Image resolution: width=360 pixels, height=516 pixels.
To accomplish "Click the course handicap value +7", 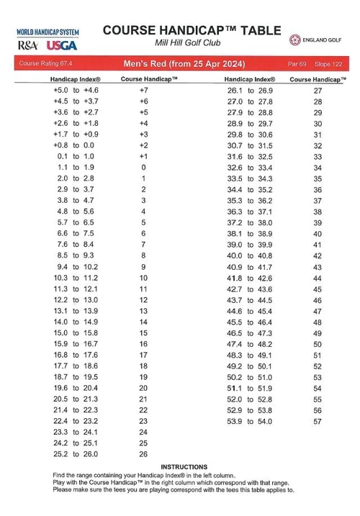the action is click(143, 91).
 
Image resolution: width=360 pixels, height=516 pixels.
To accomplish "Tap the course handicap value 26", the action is click(143, 454).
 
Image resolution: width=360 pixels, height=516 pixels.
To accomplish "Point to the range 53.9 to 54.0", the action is click(250, 421).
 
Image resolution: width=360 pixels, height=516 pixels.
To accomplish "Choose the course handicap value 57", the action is click(318, 421).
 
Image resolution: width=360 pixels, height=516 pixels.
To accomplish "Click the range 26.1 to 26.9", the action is click(250, 91).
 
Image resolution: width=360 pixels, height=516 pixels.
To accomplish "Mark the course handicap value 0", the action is click(143, 167).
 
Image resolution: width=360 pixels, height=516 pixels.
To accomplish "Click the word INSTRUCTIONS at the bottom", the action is click(184, 467).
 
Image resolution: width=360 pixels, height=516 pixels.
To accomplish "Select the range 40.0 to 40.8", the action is click(250, 255).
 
